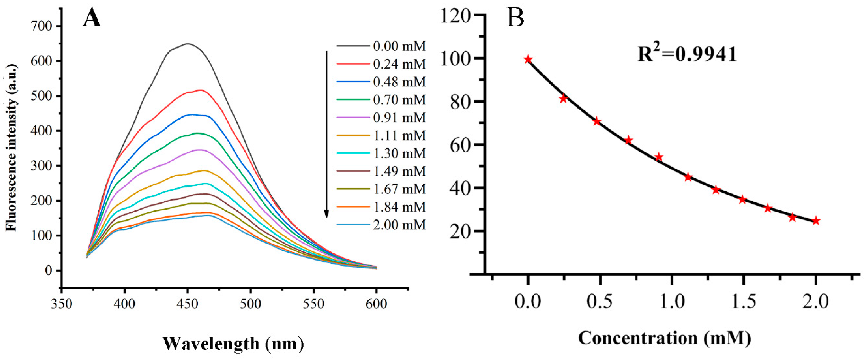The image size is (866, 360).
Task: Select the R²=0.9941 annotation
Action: pyautogui.click(x=687, y=54)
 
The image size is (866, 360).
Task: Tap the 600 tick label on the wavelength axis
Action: pyautogui.click(x=376, y=304)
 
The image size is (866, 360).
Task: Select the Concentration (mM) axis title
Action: pyautogui.click(x=665, y=338)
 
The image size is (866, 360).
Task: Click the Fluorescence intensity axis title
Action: pyautogui.click(x=11, y=148)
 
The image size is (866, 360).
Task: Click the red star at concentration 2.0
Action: pyautogui.click(x=816, y=221)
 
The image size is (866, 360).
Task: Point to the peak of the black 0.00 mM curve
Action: pyautogui.click(x=188, y=44)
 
